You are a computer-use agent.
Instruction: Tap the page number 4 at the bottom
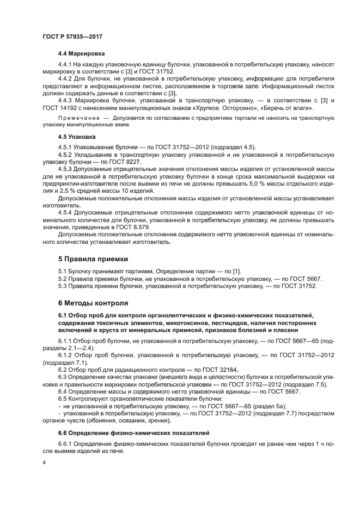click(44, 462)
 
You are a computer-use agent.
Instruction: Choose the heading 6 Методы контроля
click(93, 302)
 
